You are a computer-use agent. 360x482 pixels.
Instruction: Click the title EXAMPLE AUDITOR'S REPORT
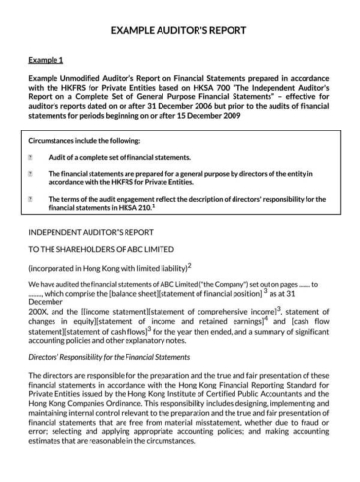click(x=180, y=31)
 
